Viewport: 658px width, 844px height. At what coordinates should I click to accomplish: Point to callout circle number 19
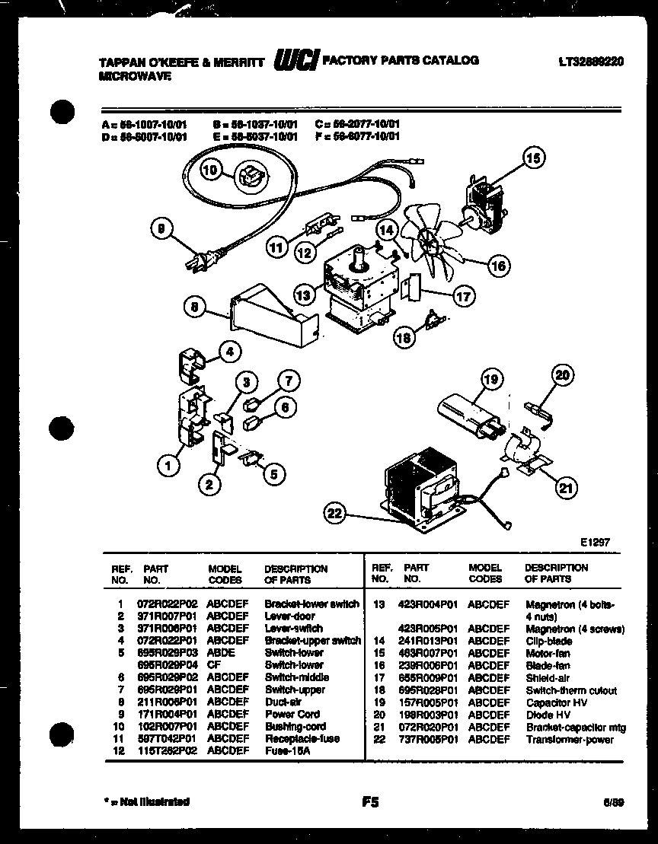(x=492, y=378)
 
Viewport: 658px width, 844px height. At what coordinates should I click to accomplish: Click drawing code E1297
(x=594, y=543)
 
